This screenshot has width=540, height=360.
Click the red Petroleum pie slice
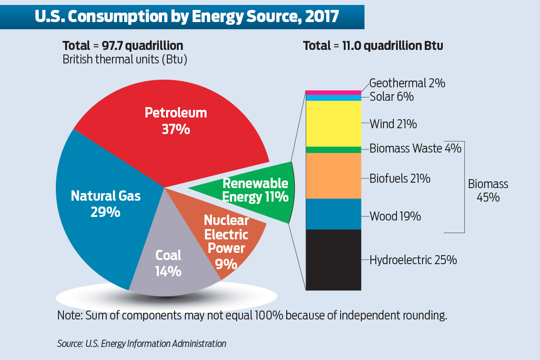tap(175, 121)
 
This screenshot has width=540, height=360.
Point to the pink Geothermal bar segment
tap(333, 92)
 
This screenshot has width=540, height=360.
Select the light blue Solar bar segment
tap(333, 98)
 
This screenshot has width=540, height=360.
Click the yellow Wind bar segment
tap(333, 123)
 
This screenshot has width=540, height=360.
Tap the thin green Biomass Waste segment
tap(333, 149)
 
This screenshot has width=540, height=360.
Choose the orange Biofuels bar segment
tap(333, 175)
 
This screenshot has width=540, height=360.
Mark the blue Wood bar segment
tap(333, 214)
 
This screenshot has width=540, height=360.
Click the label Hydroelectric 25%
tap(413, 260)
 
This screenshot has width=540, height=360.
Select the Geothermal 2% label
tap(407, 83)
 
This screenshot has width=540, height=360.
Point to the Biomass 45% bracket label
tap(488, 190)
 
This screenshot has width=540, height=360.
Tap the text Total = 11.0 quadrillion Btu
tap(373, 46)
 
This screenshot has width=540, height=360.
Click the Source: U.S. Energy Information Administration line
tap(141, 344)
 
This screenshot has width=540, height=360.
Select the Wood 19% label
tap(395, 216)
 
